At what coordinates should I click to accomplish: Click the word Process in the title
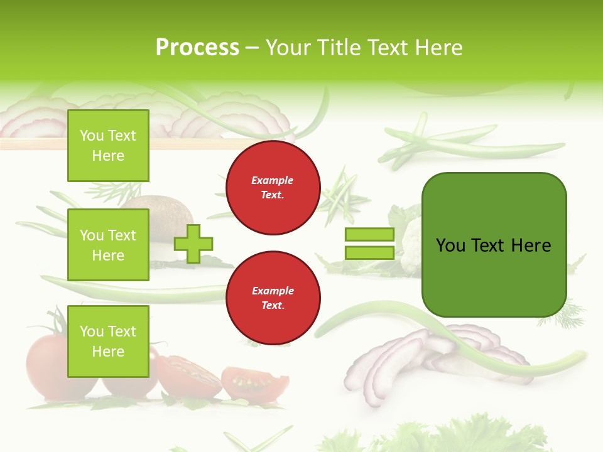coord(197,48)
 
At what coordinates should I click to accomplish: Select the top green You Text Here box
coord(108,146)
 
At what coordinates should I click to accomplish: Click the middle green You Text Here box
coord(108,245)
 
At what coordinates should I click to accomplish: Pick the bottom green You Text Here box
coord(108,341)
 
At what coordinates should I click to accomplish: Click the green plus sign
coord(193,243)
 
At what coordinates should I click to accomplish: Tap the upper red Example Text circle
coord(273,187)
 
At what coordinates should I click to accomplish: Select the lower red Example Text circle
coord(273,298)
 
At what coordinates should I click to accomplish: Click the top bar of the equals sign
coord(369,234)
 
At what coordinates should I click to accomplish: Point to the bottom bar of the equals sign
coord(369,252)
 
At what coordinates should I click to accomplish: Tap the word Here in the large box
coord(531,245)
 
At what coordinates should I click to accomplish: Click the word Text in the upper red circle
coord(273,195)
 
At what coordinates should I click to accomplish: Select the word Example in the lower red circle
coord(273,291)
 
